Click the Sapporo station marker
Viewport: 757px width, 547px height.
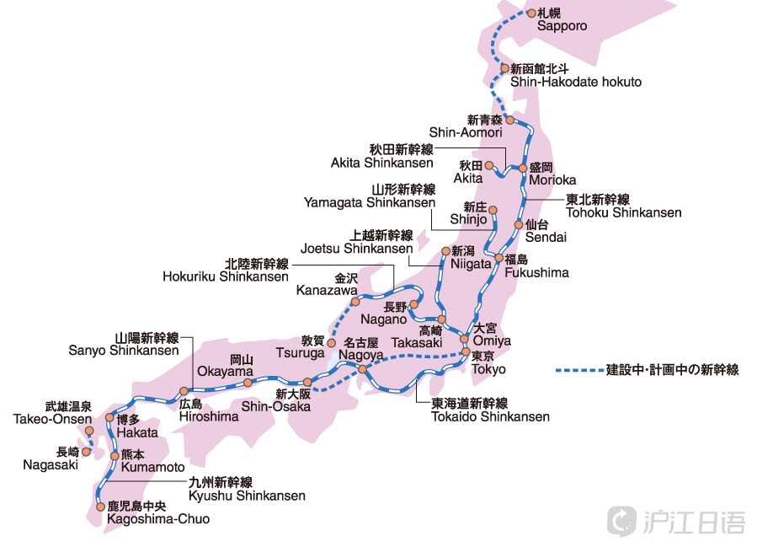click(530, 13)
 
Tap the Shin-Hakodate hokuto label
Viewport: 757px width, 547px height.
click(575, 82)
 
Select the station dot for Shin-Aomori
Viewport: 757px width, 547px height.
click(509, 121)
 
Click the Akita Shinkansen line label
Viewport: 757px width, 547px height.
click(382, 163)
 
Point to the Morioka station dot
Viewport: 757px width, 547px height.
click(523, 168)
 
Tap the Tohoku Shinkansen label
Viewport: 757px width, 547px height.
click(623, 212)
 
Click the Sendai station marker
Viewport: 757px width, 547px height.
click(519, 224)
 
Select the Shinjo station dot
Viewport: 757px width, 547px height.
click(493, 210)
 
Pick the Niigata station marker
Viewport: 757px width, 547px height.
click(445, 251)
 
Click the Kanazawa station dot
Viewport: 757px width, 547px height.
click(355, 301)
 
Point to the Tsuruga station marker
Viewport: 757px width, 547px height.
click(332, 343)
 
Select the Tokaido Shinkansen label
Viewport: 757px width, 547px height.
click(490, 416)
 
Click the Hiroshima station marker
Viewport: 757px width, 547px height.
click(183, 391)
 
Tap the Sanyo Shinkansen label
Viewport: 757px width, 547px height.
click(124, 350)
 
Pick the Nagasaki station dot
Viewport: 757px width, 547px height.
click(86, 452)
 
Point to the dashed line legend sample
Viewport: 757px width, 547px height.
click(578, 369)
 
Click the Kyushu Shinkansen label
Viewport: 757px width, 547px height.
click(247, 496)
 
